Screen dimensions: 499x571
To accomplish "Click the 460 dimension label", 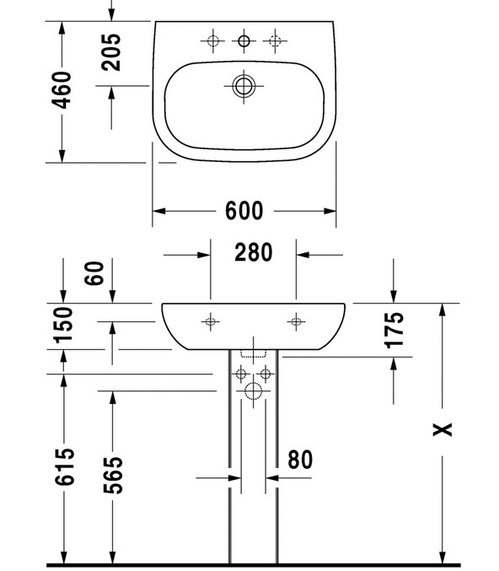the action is [x=62, y=90].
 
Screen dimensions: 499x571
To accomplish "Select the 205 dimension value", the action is [x=111, y=52].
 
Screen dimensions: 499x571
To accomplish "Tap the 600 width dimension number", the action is [x=244, y=211].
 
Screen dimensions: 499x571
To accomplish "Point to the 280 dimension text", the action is [x=254, y=252].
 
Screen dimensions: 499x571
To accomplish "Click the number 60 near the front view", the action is [x=94, y=273].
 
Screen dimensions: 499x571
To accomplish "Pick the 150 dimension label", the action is [x=63, y=325].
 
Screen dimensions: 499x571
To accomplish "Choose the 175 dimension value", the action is [x=394, y=330].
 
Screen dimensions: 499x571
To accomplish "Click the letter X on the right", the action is [x=443, y=429].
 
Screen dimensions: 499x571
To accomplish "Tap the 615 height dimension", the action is [x=64, y=467].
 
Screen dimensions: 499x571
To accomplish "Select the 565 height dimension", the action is [x=113, y=475].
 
